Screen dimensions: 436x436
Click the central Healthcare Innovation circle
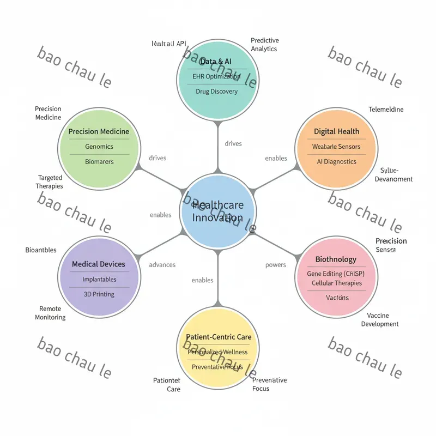click(217, 211)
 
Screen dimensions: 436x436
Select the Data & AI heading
click(216, 62)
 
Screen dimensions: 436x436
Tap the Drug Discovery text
click(217, 92)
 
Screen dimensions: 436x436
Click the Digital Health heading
click(336, 131)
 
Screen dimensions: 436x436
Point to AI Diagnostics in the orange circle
click(336, 161)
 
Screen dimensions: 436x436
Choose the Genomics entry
click(99, 147)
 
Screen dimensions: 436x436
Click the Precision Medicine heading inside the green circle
click(99, 131)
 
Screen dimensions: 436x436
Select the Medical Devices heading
click(99, 264)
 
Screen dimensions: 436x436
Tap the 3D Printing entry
click(99, 294)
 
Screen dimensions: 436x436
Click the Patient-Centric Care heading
click(219, 337)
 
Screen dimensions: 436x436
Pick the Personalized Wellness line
click(217, 352)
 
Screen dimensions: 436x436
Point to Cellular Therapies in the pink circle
click(336, 283)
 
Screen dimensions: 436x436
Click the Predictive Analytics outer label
click(264, 45)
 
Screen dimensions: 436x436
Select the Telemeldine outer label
click(386, 110)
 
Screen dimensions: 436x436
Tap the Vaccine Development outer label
click(380, 320)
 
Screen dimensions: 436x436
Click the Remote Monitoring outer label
click(50, 313)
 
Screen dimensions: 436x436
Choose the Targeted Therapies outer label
click(50, 181)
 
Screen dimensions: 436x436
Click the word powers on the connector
click(276, 265)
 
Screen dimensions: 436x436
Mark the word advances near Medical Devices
click(162, 264)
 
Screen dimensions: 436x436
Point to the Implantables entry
click(99, 279)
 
